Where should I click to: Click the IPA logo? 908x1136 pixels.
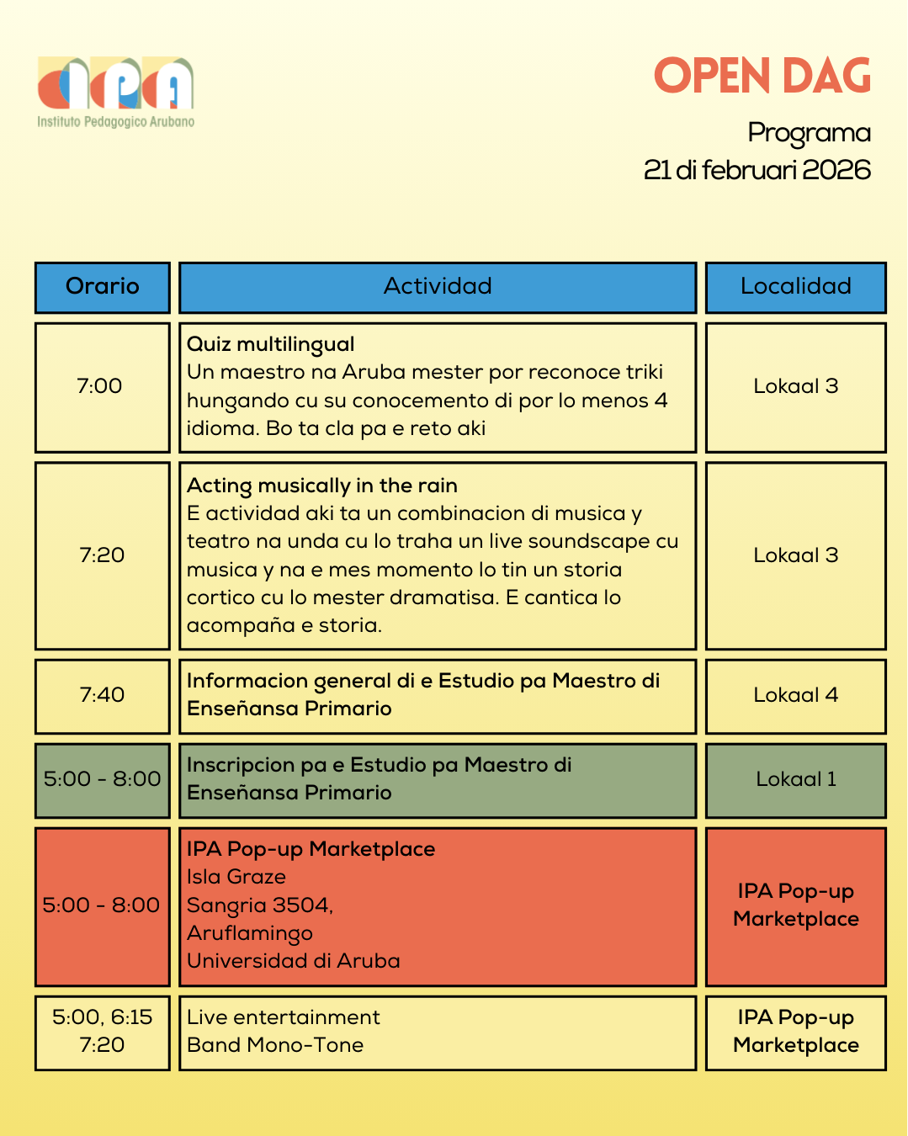(115, 91)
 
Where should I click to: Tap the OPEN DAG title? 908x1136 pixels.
(762, 77)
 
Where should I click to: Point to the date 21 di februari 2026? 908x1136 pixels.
(757, 170)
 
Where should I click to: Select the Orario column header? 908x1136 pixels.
(103, 287)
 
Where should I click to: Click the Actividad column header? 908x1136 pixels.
(438, 287)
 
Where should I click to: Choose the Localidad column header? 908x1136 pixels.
(795, 287)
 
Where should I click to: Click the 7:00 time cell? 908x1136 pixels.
(101, 387)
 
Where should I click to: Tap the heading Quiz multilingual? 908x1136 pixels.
(270, 344)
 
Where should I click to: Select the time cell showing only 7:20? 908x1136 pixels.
(102, 555)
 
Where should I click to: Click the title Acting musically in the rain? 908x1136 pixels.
(321, 486)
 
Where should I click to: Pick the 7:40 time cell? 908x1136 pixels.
(102, 695)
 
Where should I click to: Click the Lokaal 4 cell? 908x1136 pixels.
(795, 695)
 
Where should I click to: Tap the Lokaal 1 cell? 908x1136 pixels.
(795, 779)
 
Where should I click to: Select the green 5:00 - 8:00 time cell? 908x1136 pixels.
(102, 779)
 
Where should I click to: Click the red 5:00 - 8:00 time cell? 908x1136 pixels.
(102, 905)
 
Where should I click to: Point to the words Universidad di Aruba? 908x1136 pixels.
(293, 961)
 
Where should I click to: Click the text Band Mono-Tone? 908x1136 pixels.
(275, 1045)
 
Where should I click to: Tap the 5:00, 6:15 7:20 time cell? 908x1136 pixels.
(102, 1032)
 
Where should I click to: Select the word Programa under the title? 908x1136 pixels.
(809, 133)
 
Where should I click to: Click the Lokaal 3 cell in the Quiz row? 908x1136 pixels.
(795, 387)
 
